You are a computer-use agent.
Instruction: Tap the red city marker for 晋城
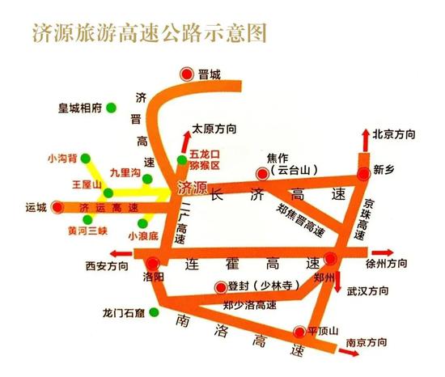[x=187, y=73]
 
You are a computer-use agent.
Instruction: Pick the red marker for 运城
[x=57, y=207]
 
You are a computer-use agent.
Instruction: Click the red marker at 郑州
[x=331, y=259]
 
